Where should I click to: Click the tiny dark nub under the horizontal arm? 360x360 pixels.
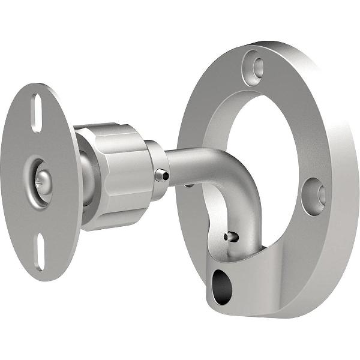click(x=189, y=185)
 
